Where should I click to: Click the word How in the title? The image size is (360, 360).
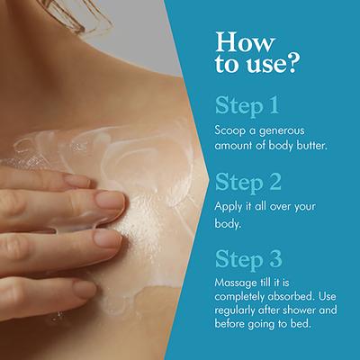(x=245, y=42)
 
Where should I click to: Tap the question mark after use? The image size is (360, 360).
(x=291, y=63)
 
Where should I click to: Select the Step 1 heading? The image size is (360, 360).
(x=247, y=106)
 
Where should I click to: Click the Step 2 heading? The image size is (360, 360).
(x=248, y=182)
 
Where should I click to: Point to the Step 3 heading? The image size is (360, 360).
(x=248, y=258)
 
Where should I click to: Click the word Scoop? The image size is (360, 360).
(x=231, y=131)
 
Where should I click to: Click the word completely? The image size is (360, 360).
(x=239, y=297)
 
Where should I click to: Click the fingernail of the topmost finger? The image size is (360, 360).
(x=78, y=180)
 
